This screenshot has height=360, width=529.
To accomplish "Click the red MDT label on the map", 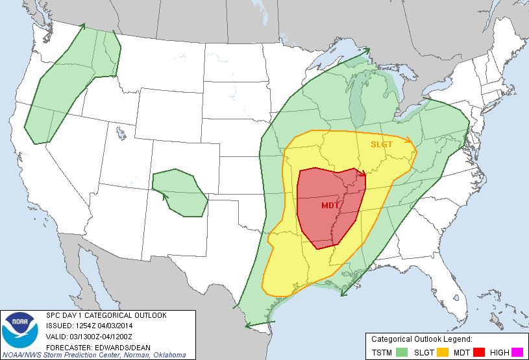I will click(x=330, y=205).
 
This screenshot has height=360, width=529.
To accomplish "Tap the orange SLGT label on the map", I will click(x=382, y=144).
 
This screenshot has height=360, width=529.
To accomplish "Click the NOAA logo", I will click(x=20, y=330).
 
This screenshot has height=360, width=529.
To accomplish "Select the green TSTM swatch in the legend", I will click(x=402, y=352).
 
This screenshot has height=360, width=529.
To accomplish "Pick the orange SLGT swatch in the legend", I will click(x=443, y=352).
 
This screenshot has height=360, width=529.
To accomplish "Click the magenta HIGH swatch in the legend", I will click(x=517, y=352).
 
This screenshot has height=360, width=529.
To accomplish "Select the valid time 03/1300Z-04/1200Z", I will click(x=103, y=336).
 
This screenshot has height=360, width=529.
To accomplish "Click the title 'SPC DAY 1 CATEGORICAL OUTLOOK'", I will click(x=106, y=315).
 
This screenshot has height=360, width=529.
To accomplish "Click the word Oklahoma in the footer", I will click(x=169, y=355).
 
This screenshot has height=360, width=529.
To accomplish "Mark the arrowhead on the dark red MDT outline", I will click(x=363, y=174).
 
